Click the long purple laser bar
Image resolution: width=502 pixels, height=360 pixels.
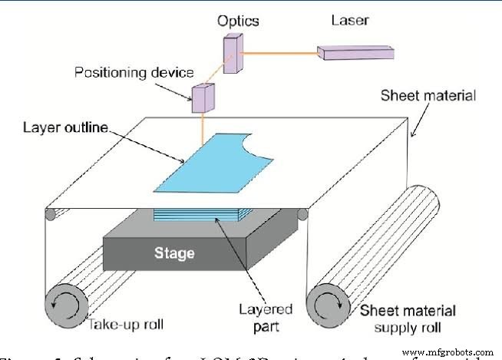[x=355, y=53]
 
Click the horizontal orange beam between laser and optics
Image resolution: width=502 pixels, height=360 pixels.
[x=280, y=53]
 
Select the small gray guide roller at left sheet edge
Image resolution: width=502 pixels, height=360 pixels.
[x=51, y=214]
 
